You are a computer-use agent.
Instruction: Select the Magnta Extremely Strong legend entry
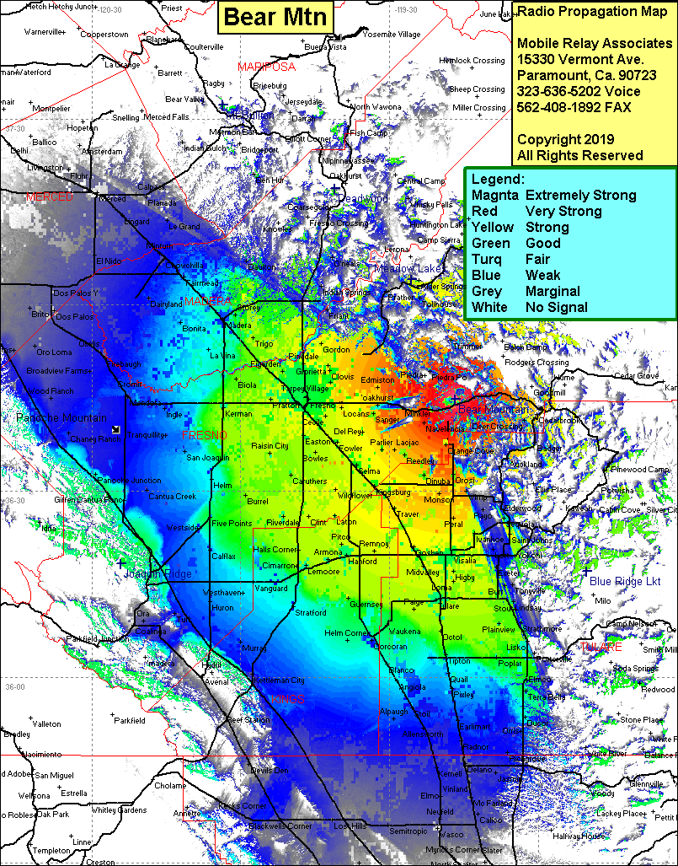coord(553,195)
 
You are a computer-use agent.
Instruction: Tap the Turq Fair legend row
coord(526,259)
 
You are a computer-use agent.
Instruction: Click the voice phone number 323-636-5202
coord(579,91)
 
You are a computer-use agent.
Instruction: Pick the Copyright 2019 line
coord(565,139)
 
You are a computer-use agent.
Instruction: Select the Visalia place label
coord(465,560)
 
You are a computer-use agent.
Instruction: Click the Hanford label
coord(362,561)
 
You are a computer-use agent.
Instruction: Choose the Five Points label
coord(231,524)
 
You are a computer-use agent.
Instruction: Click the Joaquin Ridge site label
coord(157,574)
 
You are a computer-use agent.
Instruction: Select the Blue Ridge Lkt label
coord(625,582)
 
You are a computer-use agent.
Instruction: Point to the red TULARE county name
coord(601,647)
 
